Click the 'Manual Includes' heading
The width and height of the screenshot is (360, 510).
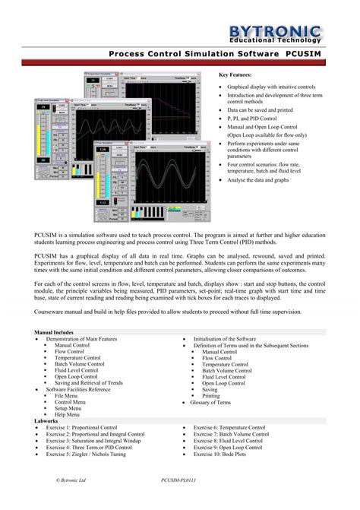coord(54,332)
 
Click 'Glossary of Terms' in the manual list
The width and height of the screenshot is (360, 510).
coord(216,402)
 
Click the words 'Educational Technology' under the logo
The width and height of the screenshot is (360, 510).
coord(292,40)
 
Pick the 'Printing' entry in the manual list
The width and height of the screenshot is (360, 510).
coord(211,396)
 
